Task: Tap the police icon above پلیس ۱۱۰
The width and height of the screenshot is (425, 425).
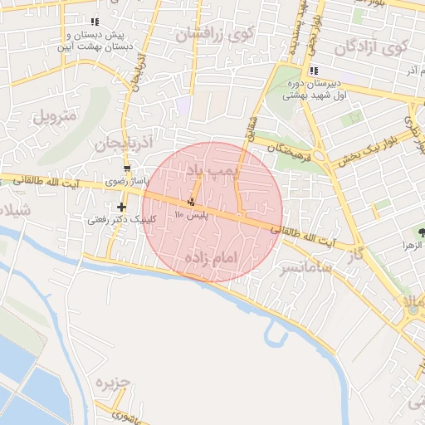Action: point(192,201)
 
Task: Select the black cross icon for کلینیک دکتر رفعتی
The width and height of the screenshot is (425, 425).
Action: point(122,207)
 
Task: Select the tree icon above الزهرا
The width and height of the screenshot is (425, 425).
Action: point(422,232)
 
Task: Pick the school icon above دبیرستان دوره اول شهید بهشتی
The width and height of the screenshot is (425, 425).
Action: point(313,71)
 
